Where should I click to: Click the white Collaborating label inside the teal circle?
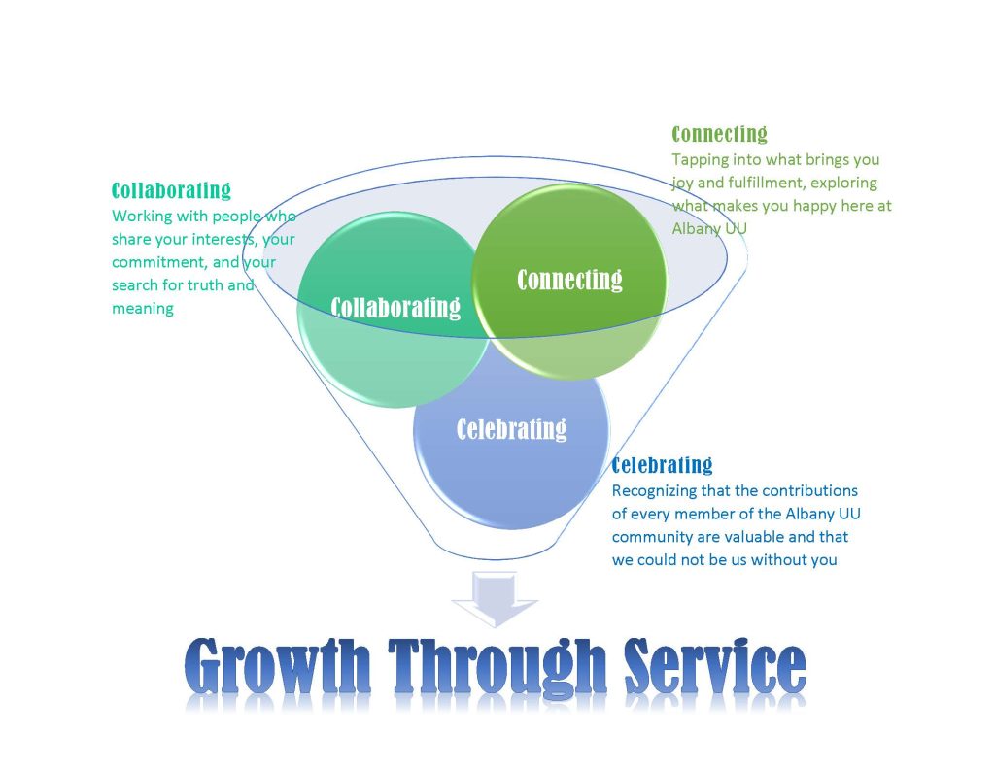click(395, 308)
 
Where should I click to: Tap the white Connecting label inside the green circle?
click(569, 280)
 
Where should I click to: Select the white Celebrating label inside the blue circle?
click(511, 429)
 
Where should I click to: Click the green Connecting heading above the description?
click(720, 134)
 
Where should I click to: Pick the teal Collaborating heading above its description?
click(171, 190)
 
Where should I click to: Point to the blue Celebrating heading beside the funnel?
click(662, 465)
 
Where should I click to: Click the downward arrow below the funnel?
click(495, 599)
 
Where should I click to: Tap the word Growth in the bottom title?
click(277, 667)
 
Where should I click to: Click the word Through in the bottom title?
click(497, 667)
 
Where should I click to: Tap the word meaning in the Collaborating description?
click(143, 310)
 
